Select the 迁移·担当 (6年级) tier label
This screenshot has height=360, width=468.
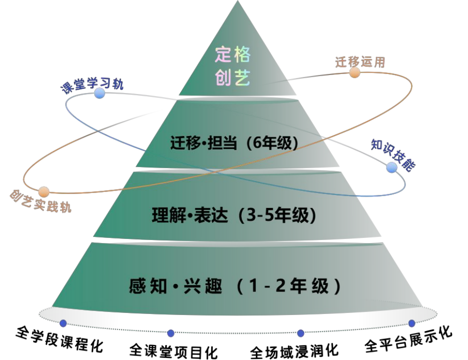point(234,143)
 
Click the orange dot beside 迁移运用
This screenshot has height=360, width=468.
point(355,72)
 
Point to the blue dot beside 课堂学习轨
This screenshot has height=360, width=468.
point(100,93)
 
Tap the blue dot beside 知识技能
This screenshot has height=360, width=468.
point(392,168)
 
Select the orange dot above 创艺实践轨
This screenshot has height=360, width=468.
point(44,191)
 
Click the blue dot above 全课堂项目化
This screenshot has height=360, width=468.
point(171,333)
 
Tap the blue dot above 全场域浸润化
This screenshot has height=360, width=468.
point(301,333)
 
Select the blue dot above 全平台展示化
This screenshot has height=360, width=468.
point(412,323)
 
